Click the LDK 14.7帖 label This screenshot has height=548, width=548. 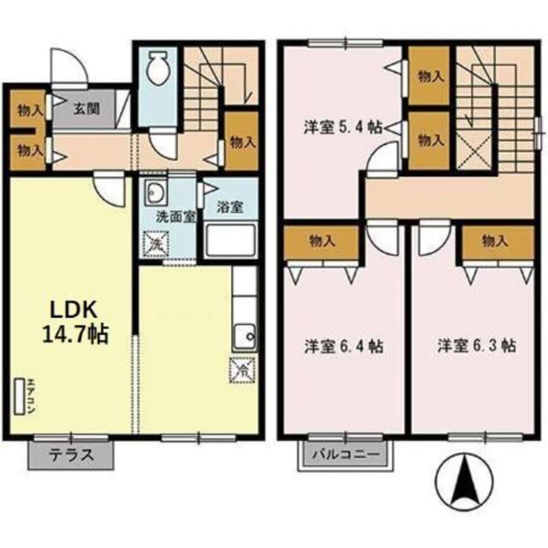click(x=74, y=322)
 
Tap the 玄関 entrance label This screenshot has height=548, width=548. click(x=87, y=109)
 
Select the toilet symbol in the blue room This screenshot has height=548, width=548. click(x=157, y=67)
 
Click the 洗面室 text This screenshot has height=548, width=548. click(x=176, y=217)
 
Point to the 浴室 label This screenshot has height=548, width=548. click(x=229, y=207)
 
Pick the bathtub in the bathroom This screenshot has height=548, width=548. click(x=231, y=241)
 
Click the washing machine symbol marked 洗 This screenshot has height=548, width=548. click(x=156, y=244)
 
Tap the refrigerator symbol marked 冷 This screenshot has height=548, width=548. click(x=242, y=370)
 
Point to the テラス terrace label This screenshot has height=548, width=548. click(x=72, y=455)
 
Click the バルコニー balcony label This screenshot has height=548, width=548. click(x=346, y=454)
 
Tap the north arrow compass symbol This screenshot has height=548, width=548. click(x=464, y=481)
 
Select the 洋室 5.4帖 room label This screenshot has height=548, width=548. click(x=343, y=127)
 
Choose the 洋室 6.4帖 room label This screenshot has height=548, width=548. click(x=344, y=347)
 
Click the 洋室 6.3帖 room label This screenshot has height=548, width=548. click(x=477, y=346)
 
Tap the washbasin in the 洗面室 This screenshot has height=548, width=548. click(x=156, y=192)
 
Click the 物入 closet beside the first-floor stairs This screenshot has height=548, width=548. click(x=242, y=141)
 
